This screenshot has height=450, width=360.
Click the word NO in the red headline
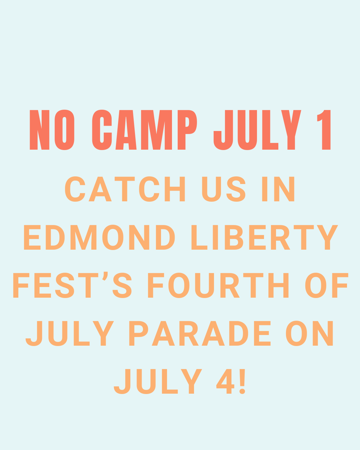coord(52,130)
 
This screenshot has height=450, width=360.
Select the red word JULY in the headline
coord(257,130)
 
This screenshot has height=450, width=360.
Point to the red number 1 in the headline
coord(324,130)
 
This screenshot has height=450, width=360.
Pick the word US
coord(224,189)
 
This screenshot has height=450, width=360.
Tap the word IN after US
coord(278,189)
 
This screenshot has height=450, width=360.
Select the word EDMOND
coord(99,237)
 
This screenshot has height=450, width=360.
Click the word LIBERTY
coord(265,237)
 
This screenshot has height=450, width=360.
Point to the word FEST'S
coord(72,285)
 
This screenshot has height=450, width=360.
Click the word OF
coord(327,285)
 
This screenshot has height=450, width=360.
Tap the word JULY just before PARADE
coord(70,333)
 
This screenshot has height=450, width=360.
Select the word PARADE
coord(200,333)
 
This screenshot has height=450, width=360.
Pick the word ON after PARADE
coord(309,333)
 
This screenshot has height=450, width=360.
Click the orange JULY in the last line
coord(158,381)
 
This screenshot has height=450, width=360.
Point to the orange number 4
coord(225,381)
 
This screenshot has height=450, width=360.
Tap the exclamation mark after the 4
coord(242,381)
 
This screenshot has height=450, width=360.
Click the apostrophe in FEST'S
coord(105,276)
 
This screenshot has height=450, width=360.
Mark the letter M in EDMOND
coord(83,237)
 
